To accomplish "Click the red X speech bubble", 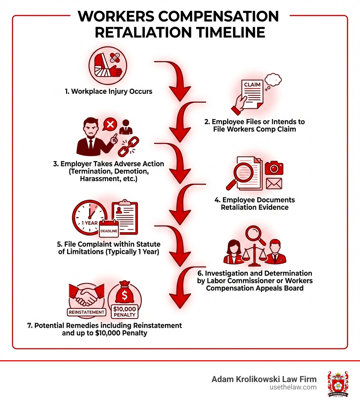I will pos(110,124).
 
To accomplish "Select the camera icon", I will pos(274,168).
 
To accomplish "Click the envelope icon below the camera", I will pos(274,183).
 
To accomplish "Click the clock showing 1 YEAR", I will pos(90,217).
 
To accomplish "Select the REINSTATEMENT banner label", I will pos(86,312).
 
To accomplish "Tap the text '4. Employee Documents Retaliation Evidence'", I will pos(255,204).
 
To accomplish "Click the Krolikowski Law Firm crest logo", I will pos(338,384).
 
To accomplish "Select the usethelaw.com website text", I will pos(296,387).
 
